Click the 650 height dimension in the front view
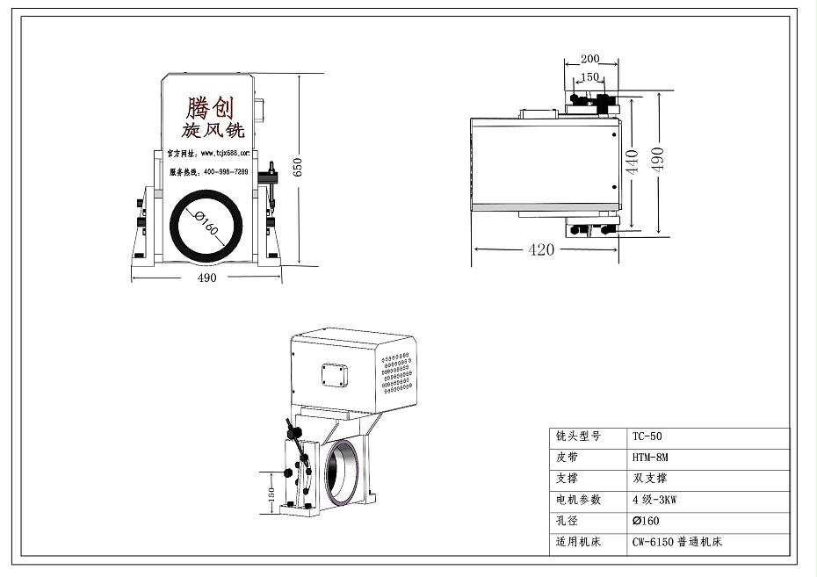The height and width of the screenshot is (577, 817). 297,168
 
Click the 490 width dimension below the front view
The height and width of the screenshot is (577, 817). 206,278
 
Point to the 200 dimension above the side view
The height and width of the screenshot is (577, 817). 589,60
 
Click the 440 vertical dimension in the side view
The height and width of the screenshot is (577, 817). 630,163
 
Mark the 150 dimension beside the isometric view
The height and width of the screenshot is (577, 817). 270,496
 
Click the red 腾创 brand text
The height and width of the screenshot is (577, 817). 210,109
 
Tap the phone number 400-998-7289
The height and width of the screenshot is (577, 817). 225,172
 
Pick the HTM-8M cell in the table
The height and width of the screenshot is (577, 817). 650,458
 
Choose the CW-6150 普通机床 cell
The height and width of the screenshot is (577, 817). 676,542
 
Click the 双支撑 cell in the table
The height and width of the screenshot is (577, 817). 651,479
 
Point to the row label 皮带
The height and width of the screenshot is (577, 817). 568,458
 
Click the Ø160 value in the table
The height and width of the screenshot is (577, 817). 646,521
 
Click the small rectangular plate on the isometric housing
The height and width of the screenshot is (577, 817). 335,373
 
